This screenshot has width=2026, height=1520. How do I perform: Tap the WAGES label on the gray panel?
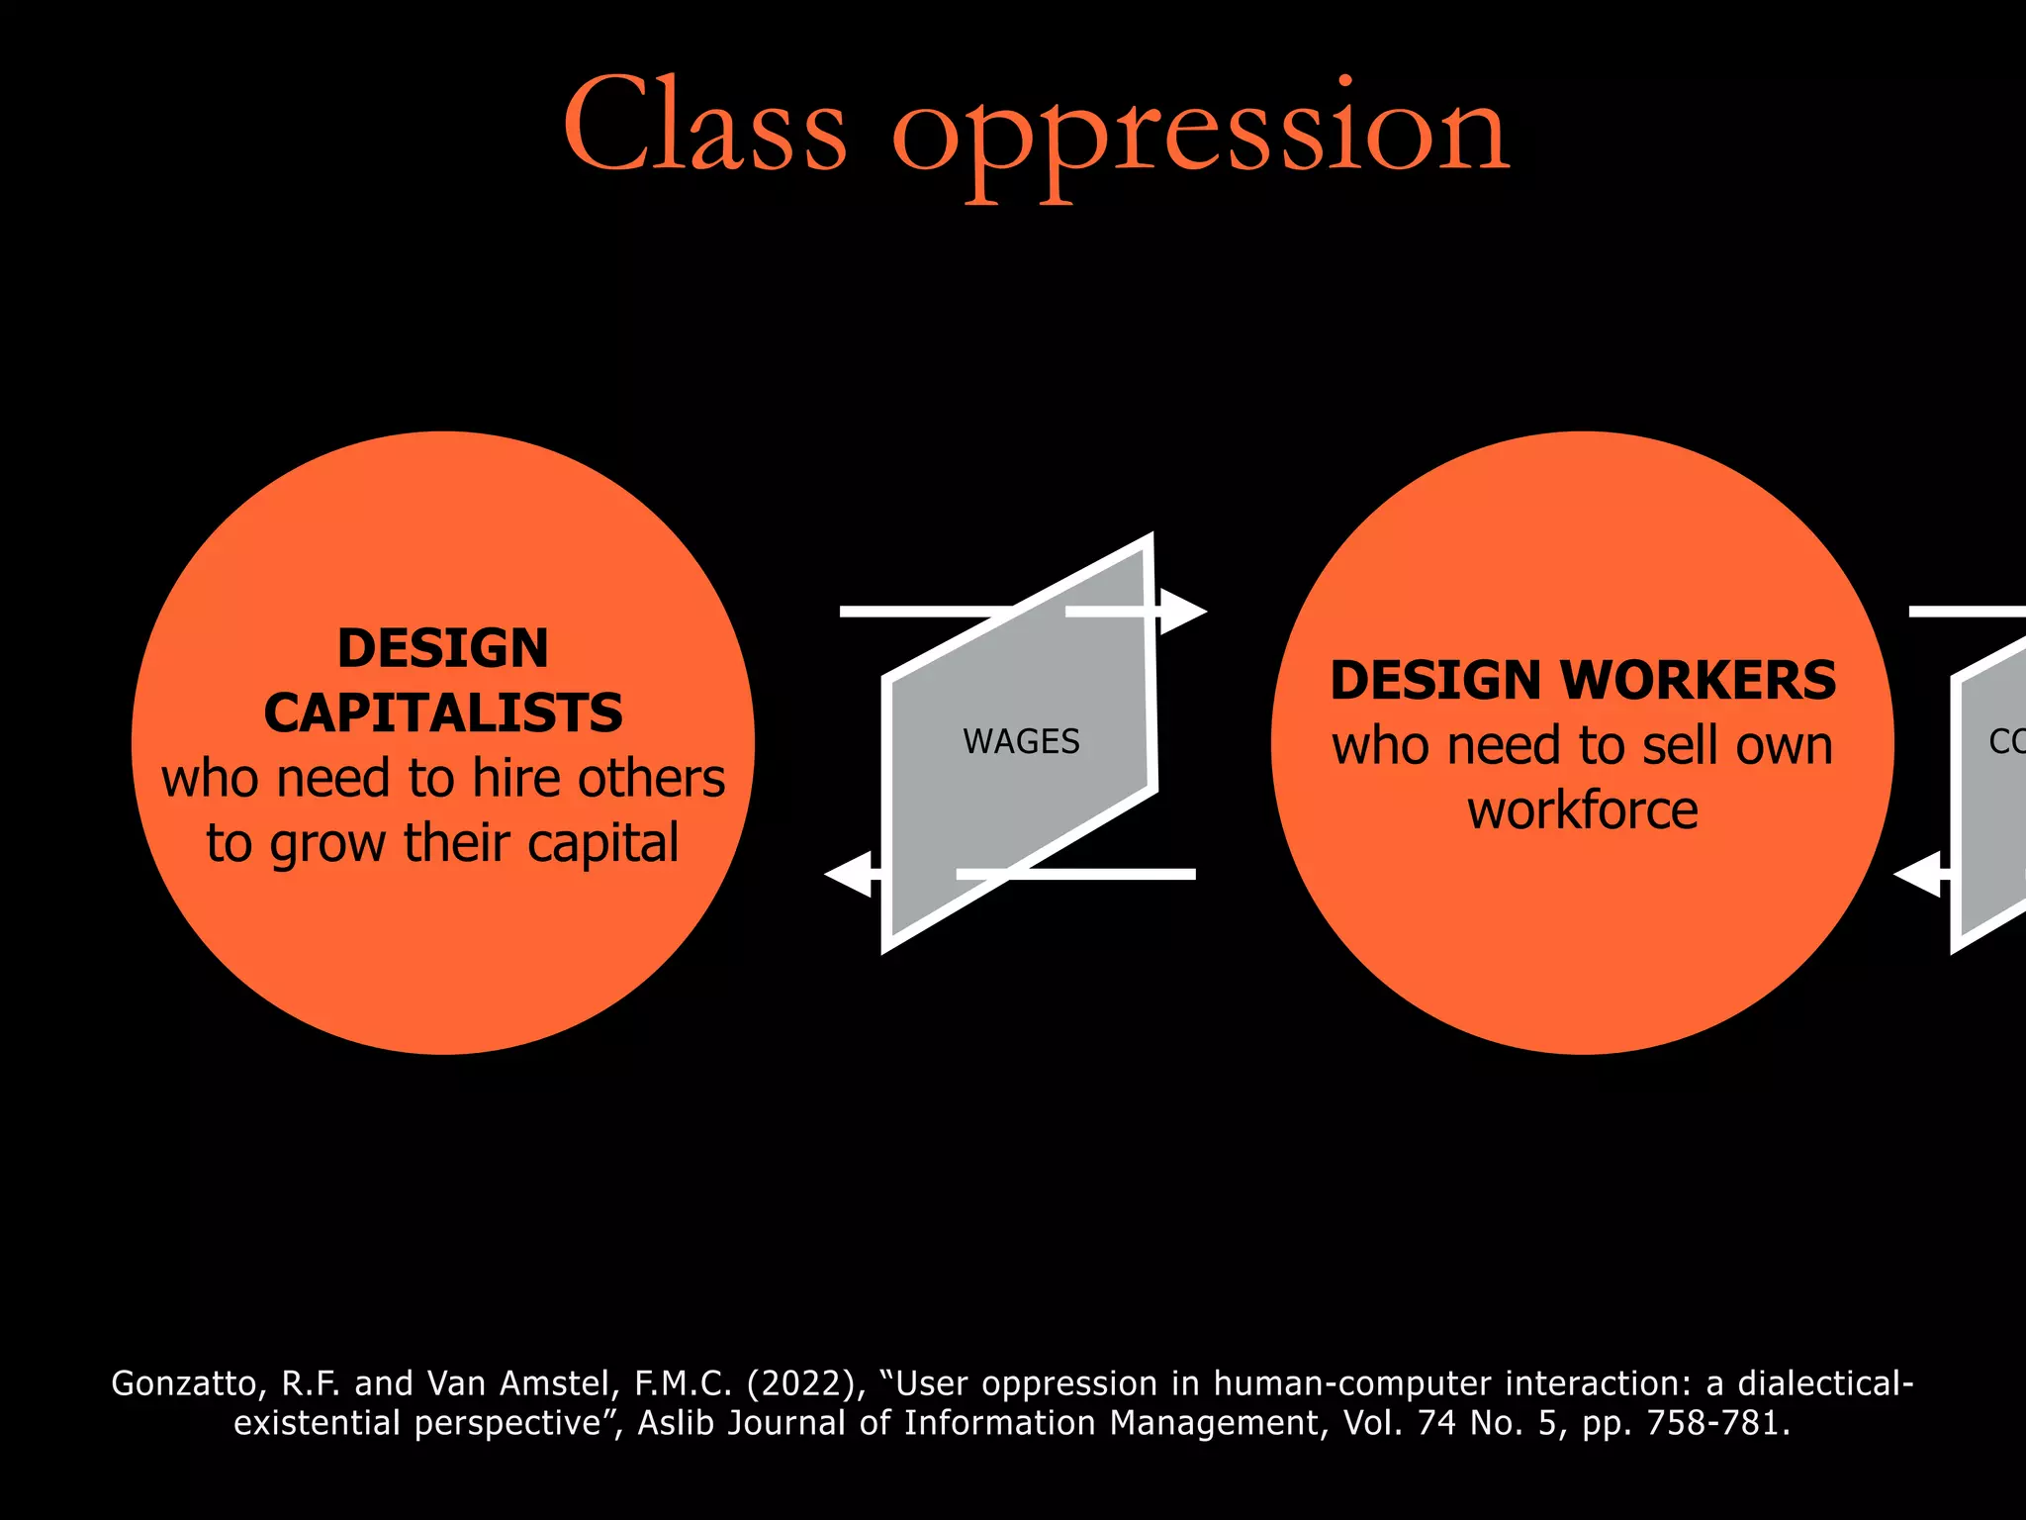(x=1021, y=741)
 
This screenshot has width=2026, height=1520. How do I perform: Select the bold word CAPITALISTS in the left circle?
(x=443, y=712)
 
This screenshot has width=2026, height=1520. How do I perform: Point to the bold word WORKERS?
(x=1698, y=681)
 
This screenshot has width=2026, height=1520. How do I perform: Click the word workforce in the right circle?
(x=1582, y=810)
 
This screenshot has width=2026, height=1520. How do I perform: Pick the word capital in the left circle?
(x=602, y=843)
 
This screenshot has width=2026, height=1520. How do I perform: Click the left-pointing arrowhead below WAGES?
(x=849, y=874)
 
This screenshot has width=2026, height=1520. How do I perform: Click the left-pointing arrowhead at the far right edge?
(x=1917, y=874)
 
